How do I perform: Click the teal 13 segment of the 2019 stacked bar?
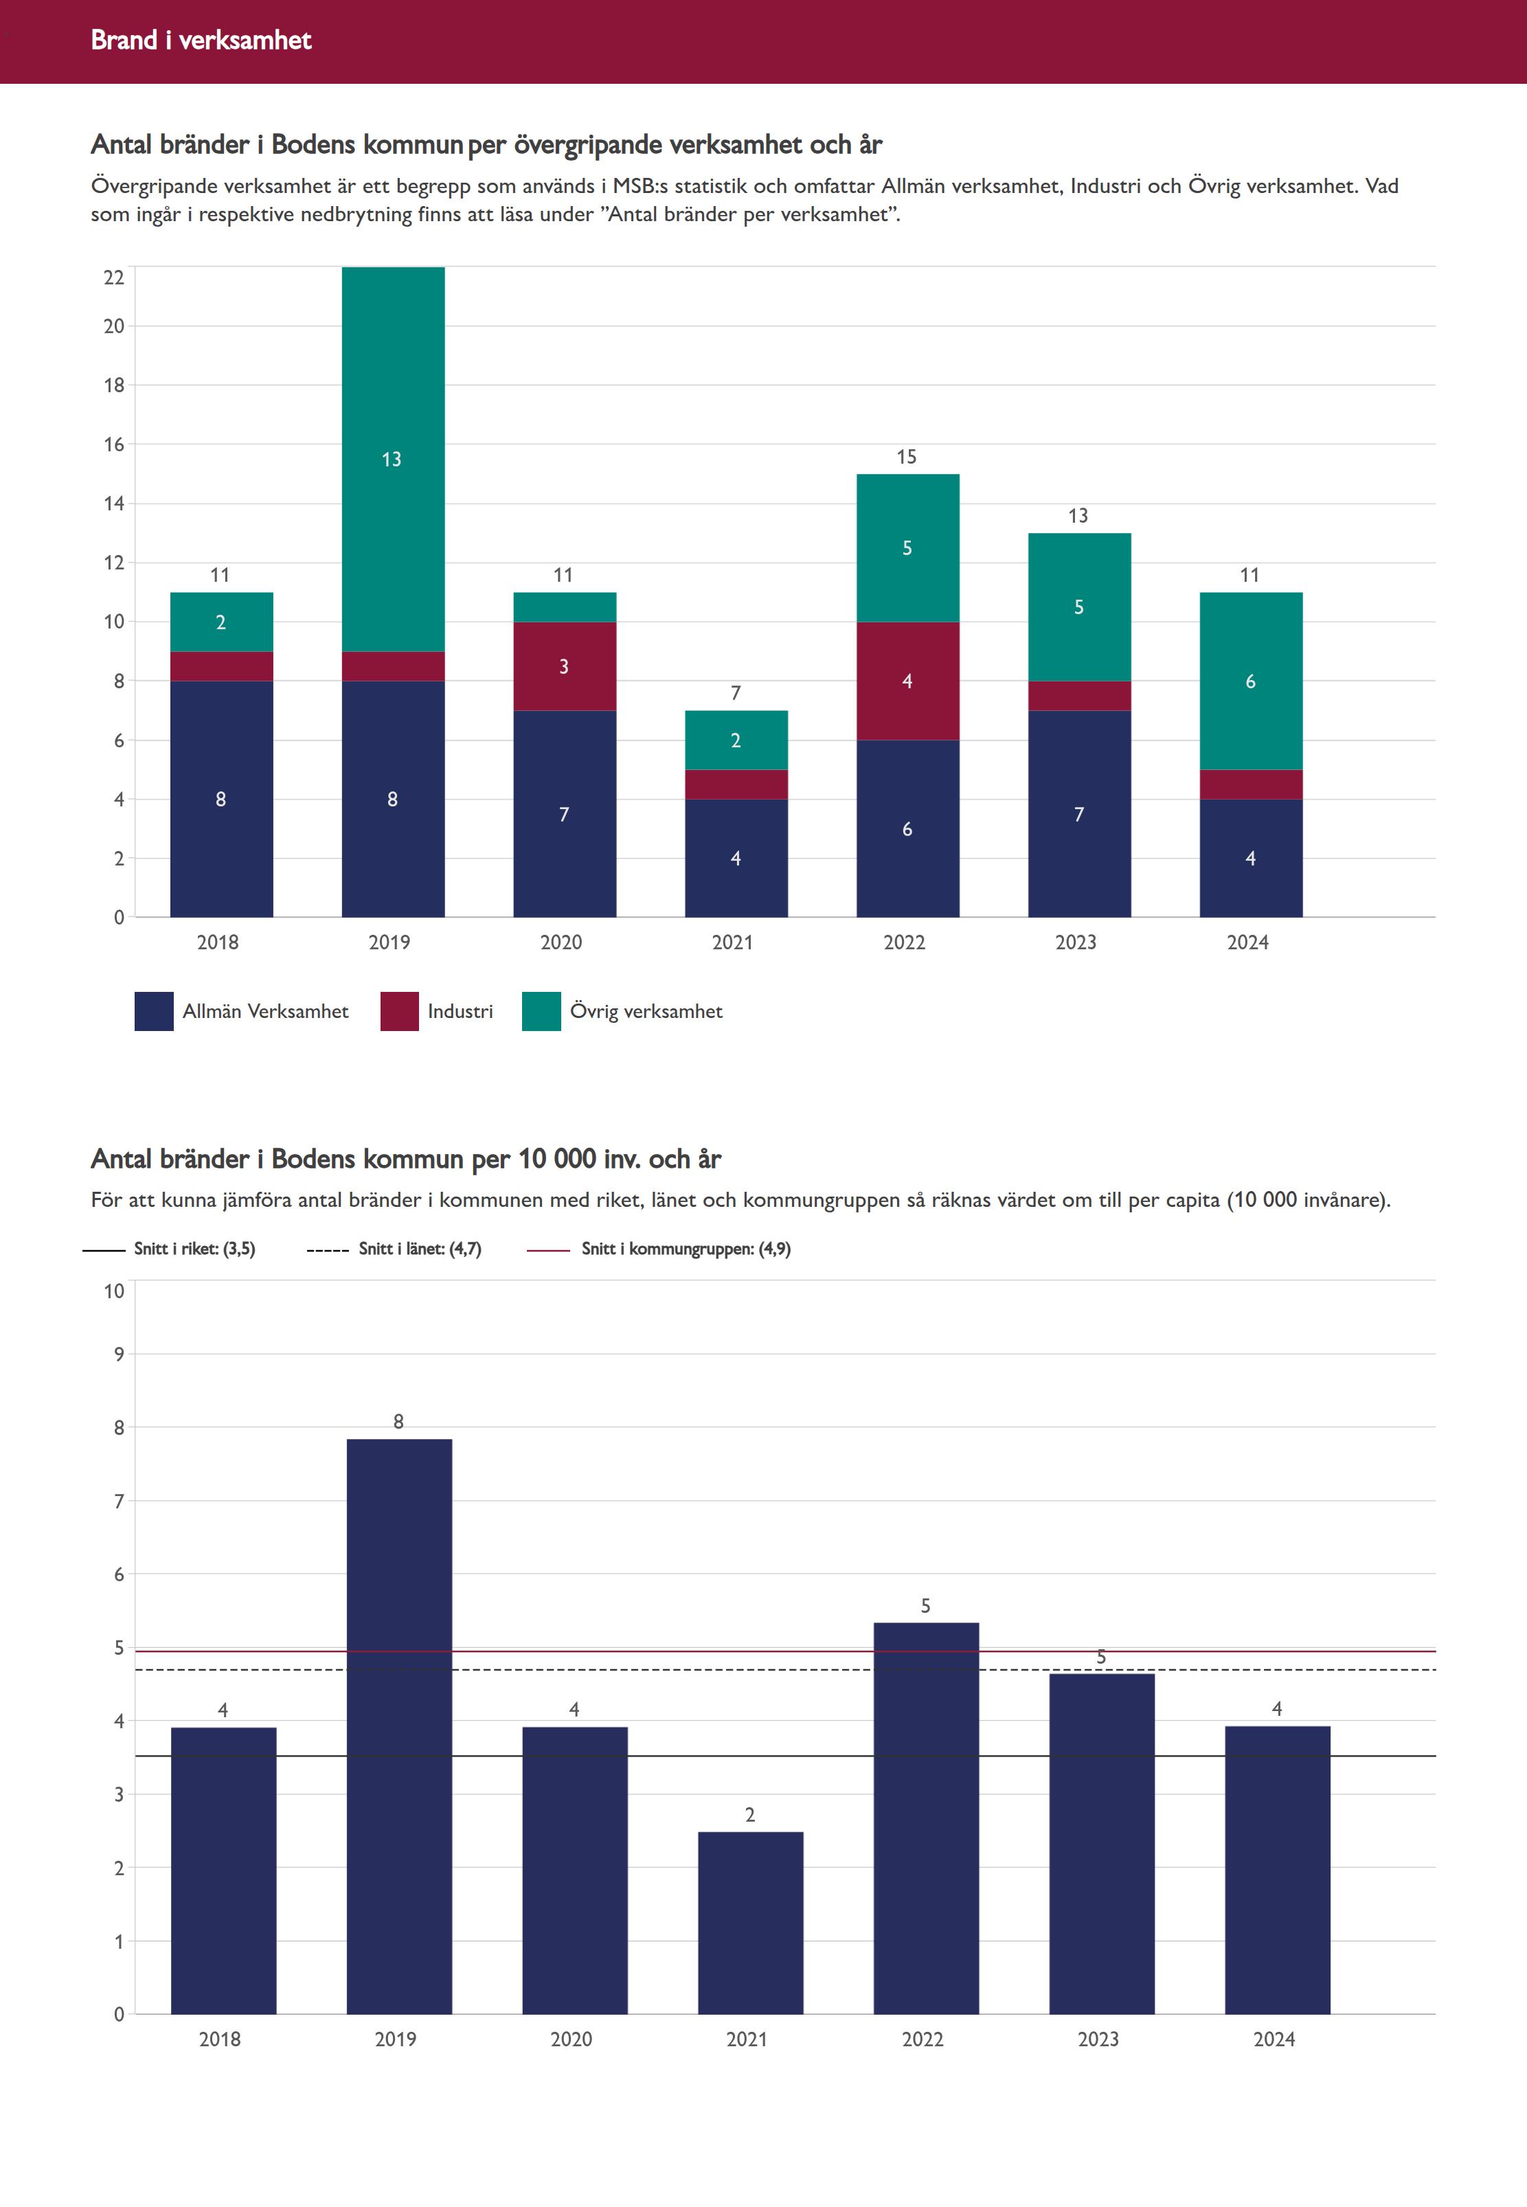tap(392, 460)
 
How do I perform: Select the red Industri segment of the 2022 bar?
tap(907, 681)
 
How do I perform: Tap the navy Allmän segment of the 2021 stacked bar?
tap(736, 858)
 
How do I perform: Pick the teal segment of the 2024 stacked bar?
tap(1250, 681)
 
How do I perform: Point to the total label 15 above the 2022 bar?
tap(906, 457)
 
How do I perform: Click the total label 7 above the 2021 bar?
tap(736, 692)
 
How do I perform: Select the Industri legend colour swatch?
tap(399, 1011)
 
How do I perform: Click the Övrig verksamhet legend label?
tap(646, 1011)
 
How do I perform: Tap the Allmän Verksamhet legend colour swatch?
tap(154, 1011)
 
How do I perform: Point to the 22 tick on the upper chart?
tap(114, 278)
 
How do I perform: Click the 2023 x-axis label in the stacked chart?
tap(1076, 942)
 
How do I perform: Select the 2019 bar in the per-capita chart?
tap(399, 1722)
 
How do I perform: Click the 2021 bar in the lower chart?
tap(750, 1923)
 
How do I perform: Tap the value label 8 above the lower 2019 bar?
tap(399, 1422)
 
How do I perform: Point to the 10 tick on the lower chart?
tap(114, 1291)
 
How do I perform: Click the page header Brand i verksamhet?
tap(201, 40)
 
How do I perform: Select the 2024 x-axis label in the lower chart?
tap(1274, 2039)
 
